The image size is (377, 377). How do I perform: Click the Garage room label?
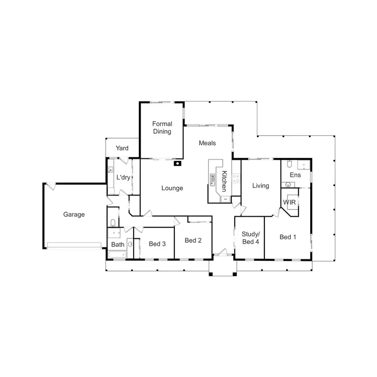[x=74, y=214]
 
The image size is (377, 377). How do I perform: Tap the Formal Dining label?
[x=162, y=128]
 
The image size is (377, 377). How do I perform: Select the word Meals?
[x=207, y=143]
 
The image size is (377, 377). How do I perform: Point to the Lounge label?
[x=172, y=189]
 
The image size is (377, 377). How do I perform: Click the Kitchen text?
[x=225, y=181]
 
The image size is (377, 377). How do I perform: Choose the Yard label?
[x=122, y=148]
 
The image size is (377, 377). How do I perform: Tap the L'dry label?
[x=123, y=178]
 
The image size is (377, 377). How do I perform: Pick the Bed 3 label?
[x=157, y=244]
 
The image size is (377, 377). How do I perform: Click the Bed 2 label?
[x=193, y=240]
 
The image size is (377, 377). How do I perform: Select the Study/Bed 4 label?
[x=250, y=237]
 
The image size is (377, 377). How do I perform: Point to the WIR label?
[x=290, y=202]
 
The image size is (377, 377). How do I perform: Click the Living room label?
[x=260, y=185]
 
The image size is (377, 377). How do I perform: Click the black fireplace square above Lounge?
[x=177, y=163]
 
